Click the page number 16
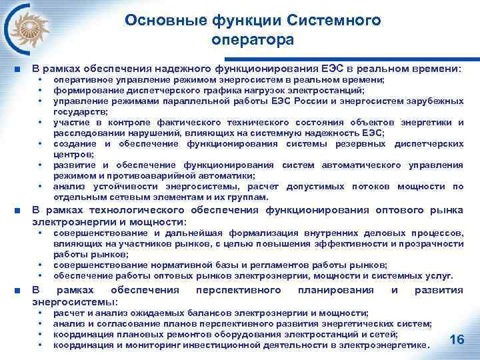[x=457, y=340]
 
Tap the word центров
[x=73, y=154]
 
